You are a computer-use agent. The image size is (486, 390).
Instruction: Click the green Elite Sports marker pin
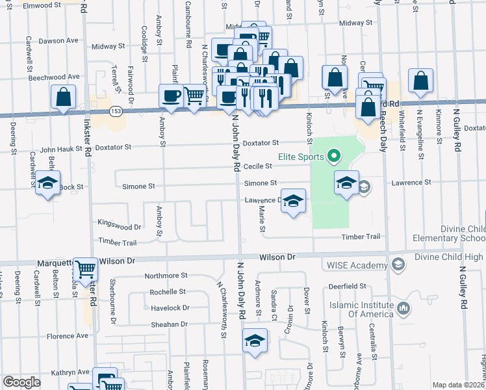click(334, 156)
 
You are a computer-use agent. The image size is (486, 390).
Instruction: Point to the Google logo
click(21, 382)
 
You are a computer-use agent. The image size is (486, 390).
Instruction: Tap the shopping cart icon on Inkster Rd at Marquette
click(85, 269)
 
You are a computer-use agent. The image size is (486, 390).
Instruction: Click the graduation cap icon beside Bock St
click(47, 185)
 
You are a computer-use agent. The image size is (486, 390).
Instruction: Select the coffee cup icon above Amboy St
click(172, 96)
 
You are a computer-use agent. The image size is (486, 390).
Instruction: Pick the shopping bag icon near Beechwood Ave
click(64, 97)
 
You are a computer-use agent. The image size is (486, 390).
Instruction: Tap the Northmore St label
click(166, 276)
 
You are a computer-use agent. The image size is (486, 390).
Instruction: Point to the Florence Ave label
click(67, 336)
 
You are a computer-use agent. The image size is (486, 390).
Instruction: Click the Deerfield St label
click(347, 286)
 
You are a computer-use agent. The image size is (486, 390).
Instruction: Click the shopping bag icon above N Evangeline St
click(421, 82)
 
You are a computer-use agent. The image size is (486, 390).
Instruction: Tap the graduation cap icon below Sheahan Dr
click(255, 341)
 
